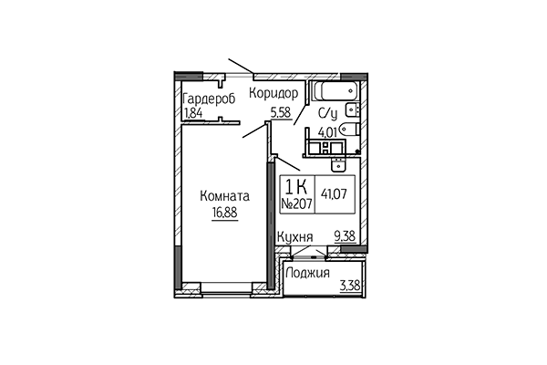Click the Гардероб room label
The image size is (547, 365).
click(209, 99)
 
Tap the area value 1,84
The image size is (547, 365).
click(193, 113)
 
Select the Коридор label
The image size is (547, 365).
click(274, 94)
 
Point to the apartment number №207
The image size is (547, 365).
click(296, 203)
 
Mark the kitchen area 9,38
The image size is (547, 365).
click(346, 236)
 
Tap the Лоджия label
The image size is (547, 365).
click(307, 274)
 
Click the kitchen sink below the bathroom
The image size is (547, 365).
click(336, 165)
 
